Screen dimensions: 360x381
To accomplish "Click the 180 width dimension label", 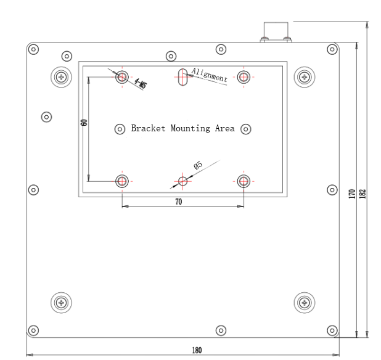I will (196, 350).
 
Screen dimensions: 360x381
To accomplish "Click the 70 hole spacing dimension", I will (179, 201).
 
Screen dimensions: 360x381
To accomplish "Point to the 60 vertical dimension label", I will (84, 123).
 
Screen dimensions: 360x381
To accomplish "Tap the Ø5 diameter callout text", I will (198, 165).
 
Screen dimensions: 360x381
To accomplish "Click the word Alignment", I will (210, 75).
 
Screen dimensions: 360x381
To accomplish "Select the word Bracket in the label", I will (145, 129).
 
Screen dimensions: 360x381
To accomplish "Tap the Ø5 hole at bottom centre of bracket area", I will (182, 181).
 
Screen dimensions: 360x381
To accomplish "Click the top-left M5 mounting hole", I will (123, 76).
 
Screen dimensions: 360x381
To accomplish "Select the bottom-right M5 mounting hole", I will (244, 181).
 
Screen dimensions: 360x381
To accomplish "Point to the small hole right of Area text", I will (245, 129).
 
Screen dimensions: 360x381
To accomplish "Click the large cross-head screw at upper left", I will (60, 76).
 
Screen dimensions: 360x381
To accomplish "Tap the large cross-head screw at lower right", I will (303, 301).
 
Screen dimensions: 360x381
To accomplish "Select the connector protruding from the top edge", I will (276, 33).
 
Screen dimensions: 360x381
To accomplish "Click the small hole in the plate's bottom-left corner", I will (34, 330).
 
